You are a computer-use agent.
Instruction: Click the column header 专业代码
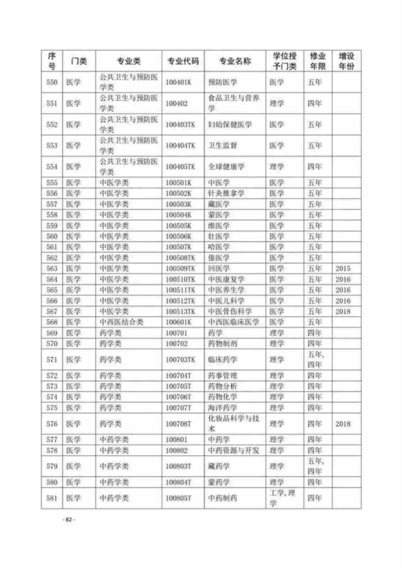click(183, 61)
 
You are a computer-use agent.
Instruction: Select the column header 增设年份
click(346, 61)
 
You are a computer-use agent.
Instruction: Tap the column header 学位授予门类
click(284, 61)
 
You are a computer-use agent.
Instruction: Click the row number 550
click(52, 82)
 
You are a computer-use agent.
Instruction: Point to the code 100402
click(177, 103)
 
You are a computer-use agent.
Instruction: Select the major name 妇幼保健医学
click(230, 125)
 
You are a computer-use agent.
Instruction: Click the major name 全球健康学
click(226, 166)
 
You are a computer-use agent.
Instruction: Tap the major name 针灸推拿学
click(226, 193)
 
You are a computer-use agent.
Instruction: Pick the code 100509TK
click(180, 268)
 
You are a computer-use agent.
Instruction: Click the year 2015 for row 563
click(343, 268)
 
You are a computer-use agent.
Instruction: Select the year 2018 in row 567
click(343, 311)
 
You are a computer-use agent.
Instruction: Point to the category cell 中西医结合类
click(121, 322)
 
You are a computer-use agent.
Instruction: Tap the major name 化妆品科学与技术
click(233, 424)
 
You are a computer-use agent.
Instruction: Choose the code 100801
click(177, 439)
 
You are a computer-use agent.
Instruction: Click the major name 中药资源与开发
click(233, 450)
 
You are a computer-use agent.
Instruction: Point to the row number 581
click(52, 498)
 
